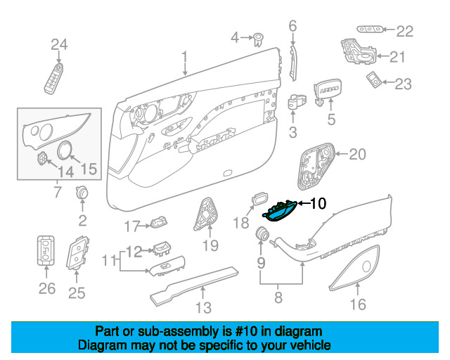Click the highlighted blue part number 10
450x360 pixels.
pos(280,212)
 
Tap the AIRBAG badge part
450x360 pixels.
pos(328,91)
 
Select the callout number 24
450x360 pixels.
pos(59,44)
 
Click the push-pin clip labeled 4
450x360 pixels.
pos(259,40)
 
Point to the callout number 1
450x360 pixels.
pos(184,56)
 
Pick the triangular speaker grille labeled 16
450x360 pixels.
pos(354,268)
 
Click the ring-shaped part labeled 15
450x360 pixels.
pos(65,150)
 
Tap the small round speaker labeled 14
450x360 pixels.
pos(42,158)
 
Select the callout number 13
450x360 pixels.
pos(203,307)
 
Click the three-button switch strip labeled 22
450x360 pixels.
pos(370,30)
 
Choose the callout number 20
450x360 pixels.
pos(358,155)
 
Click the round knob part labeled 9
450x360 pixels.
pos(262,233)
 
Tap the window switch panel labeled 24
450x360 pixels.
pos(54,78)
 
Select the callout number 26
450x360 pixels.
pos(47,288)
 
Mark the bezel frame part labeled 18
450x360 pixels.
pos(259,198)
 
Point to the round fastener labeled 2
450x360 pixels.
pos(82,193)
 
